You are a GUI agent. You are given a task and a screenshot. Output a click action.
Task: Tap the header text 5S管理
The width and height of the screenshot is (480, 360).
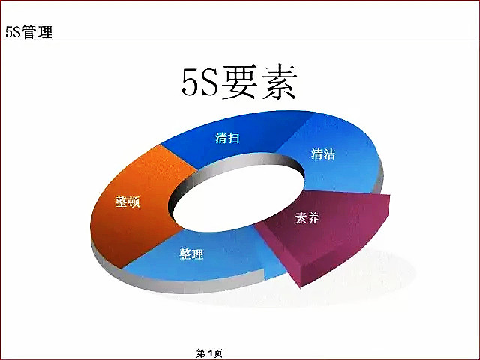[x=29, y=32]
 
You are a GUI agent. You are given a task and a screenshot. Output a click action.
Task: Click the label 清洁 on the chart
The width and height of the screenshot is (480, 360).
[x=323, y=154]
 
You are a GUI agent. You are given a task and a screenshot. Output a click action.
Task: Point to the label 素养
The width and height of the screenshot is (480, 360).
[x=307, y=218]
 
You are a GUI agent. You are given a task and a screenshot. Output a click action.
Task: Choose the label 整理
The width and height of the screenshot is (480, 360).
[x=191, y=254]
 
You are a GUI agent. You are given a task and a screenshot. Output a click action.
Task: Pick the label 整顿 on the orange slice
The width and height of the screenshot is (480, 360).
[x=127, y=202]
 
